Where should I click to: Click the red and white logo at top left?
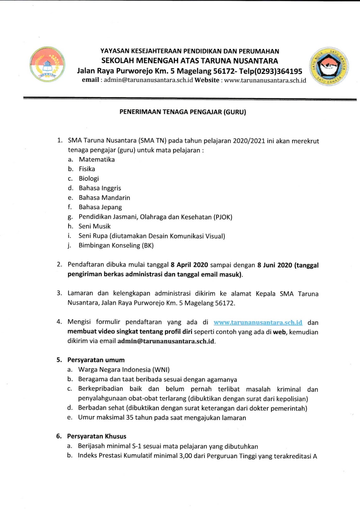tap(47, 65)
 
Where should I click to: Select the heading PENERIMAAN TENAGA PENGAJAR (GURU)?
tap(183, 112)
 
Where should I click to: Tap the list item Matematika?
tap(97, 159)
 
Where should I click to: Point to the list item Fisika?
tap(87, 169)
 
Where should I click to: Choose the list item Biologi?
tap(89, 178)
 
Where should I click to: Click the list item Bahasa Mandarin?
tap(104, 198)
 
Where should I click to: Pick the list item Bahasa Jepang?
tap(100, 207)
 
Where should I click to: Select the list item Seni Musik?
tap(94, 226)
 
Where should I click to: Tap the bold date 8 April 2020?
tap(189, 265)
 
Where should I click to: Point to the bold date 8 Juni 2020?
tap(274, 265)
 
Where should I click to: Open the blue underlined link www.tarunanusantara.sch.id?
tap(258, 322)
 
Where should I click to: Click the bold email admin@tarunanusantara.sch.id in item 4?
tap(166, 341)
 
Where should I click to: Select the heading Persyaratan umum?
tap(96, 360)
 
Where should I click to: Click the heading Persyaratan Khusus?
tap(96, 436)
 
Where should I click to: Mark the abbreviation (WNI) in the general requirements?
tap(161, 370)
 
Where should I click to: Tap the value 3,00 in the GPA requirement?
tap(185, 456)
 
